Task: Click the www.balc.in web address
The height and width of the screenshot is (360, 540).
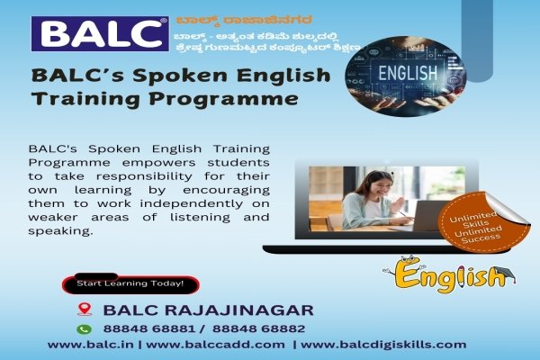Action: (x=83, y=345)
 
